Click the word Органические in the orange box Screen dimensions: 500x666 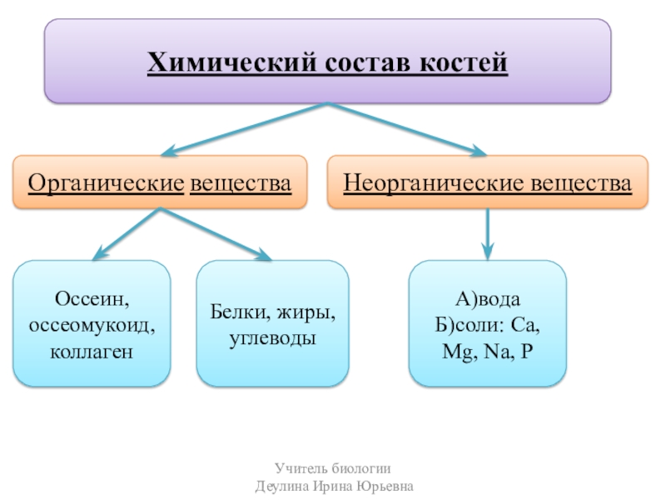(x=106, y=181)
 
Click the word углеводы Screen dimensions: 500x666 (x=273, y=339)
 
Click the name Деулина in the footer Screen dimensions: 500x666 (x=282, y=485)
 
